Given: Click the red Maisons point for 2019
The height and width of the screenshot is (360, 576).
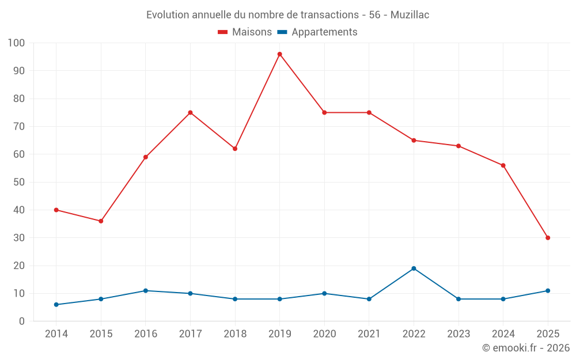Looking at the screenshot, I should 280,54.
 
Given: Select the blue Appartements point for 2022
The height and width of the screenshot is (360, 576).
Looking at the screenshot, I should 414,268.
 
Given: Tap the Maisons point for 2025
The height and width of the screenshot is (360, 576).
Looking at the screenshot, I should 548,238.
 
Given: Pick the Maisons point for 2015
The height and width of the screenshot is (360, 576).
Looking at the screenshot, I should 101,221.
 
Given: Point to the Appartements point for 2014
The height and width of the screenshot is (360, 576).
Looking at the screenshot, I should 56,305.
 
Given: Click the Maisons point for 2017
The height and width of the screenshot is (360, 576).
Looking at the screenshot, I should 190,112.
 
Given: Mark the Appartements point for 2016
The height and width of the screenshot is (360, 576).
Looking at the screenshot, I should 146,291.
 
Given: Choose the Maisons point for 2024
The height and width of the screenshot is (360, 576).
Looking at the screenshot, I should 503,165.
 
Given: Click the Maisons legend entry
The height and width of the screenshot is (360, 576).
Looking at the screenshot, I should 245,32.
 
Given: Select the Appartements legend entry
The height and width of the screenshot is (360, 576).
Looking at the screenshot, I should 317,32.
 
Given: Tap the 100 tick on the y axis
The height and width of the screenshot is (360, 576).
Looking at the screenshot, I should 17,43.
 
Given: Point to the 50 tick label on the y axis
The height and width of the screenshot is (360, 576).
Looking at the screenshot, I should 19,182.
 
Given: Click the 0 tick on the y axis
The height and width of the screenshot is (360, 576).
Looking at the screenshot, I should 22,321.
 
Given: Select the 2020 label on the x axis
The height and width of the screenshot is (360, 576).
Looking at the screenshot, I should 324,334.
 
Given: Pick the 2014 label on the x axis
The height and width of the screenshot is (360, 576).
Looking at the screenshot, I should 56,334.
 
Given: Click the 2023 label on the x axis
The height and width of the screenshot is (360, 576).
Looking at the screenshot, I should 458,334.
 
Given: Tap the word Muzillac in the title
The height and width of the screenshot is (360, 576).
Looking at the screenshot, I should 410,15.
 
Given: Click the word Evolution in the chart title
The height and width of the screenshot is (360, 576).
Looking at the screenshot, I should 168,15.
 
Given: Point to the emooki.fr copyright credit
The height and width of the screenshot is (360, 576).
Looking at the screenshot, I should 526,348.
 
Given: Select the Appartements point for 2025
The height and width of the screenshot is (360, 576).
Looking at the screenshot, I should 548,291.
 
